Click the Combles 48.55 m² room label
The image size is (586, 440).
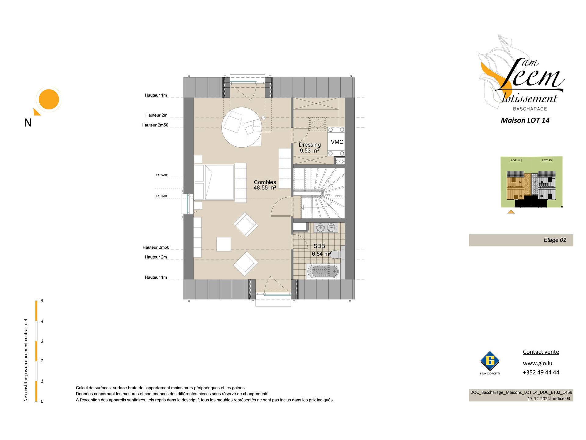point(265,185)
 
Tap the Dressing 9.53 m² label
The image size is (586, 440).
point(309,148)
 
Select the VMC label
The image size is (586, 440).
point(337,142)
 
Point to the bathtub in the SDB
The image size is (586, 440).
point(323,271)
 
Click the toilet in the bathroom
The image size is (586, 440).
point(336,255)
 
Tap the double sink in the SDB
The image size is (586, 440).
point(326,228)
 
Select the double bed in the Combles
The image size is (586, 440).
point(214,182)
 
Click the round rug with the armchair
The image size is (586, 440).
point(242,127)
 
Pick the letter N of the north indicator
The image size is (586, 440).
point(28,123)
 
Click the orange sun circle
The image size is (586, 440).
point(49,99)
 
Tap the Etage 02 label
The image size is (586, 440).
point(555,240)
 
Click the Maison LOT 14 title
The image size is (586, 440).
point(525,120)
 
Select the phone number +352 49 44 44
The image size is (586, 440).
point(541,372)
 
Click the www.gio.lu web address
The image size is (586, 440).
point(537,363)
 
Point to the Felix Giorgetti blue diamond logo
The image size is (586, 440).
point(490,361)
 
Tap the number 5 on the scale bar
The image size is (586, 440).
point(42,301)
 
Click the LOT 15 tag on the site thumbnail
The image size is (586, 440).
point(547,160)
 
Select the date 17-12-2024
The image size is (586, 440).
point(539,398)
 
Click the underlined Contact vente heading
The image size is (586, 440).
point(541,352)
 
